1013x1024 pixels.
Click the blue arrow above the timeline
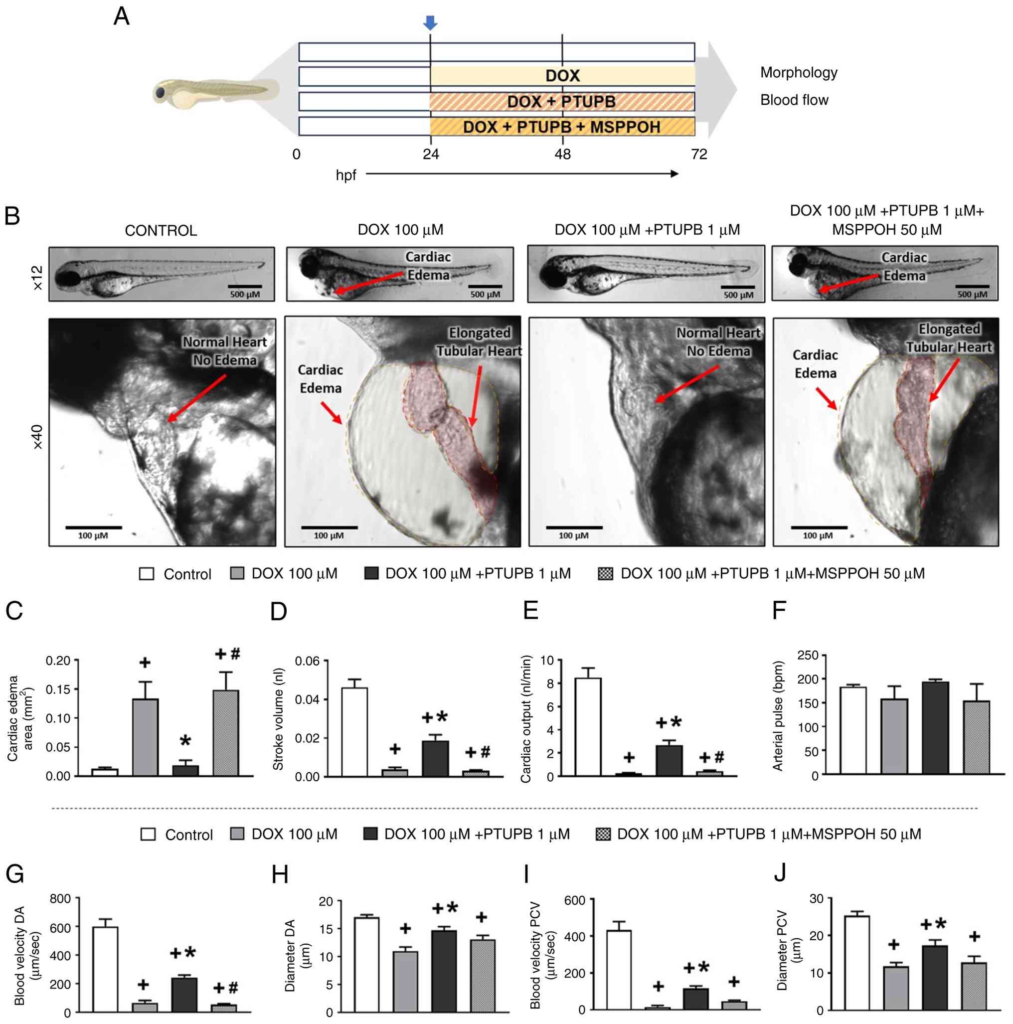430,22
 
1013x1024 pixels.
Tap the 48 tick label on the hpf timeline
562,154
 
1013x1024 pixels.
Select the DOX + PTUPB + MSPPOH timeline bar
562,127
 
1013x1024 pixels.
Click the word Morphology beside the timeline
798,73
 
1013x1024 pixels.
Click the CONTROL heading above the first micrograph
161,230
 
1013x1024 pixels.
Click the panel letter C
14,611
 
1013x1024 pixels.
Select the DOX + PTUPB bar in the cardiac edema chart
185,770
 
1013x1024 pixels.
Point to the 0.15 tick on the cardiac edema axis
58,689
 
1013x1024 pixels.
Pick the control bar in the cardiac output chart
588,727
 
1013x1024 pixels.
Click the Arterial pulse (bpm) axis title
778,715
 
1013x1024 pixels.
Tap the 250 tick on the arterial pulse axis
808,656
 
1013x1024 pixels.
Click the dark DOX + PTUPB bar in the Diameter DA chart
444,971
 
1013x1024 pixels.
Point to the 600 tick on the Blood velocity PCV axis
575,900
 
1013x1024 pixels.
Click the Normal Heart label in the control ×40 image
224,342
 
